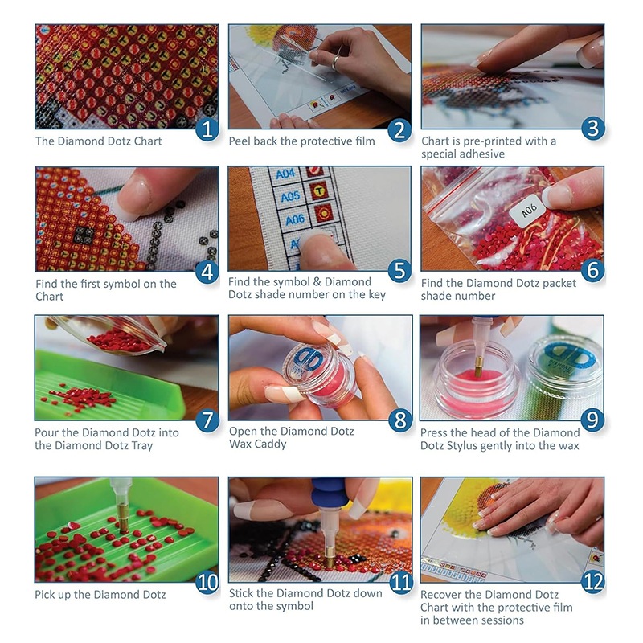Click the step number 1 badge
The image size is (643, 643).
click(x=207, y=129)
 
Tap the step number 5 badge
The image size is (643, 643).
click(x=399, y=271)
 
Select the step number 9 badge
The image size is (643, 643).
click(x=592, y=420)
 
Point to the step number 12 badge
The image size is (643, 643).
click(x=592, y=582)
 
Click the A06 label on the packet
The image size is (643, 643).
click(x=529, y=211)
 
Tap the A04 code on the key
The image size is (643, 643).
click(x=285, y=174)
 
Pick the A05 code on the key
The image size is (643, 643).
click(x=290, y=197)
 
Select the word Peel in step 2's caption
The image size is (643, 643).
click(x=240, y=141)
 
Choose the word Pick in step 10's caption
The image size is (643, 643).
click(x=45, y=595)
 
